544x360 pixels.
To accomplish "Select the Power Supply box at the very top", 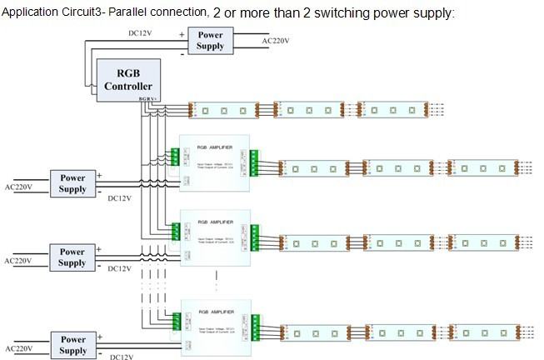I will click(x=210, y=40).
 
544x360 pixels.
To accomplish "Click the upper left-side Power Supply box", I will click(x=72, y=183).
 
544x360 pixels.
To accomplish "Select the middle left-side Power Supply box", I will click(x=72, y=257).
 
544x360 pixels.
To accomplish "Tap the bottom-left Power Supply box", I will click(x=72, y=344).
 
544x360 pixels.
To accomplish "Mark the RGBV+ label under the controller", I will click(x=150, y=99).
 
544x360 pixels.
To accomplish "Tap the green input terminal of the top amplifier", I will click(x=176, y=157).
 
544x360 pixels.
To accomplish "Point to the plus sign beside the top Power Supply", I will click(x=182, y=34).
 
